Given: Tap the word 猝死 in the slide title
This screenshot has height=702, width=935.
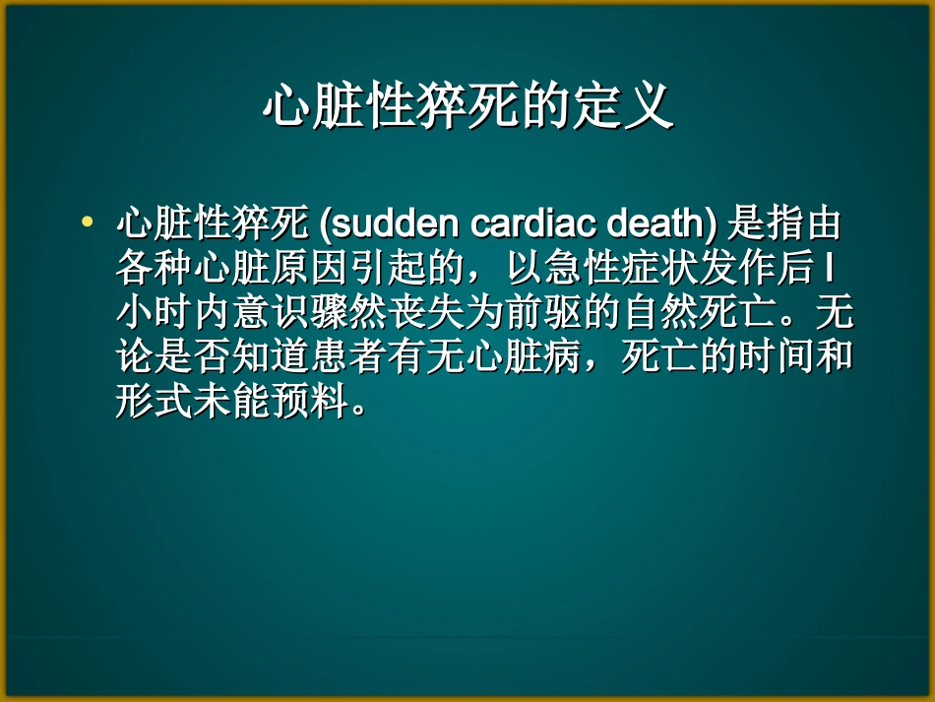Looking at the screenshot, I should click(468, 106).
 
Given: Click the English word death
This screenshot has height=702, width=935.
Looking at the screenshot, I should click(655, 224).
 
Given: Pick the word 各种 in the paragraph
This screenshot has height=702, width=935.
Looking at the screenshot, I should click(156, 269).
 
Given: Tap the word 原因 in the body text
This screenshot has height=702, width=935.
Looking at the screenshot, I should click(313, 269).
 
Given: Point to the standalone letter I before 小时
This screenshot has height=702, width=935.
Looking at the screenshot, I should click(830, 269).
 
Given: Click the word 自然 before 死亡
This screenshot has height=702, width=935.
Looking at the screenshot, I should click(667, 314).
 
